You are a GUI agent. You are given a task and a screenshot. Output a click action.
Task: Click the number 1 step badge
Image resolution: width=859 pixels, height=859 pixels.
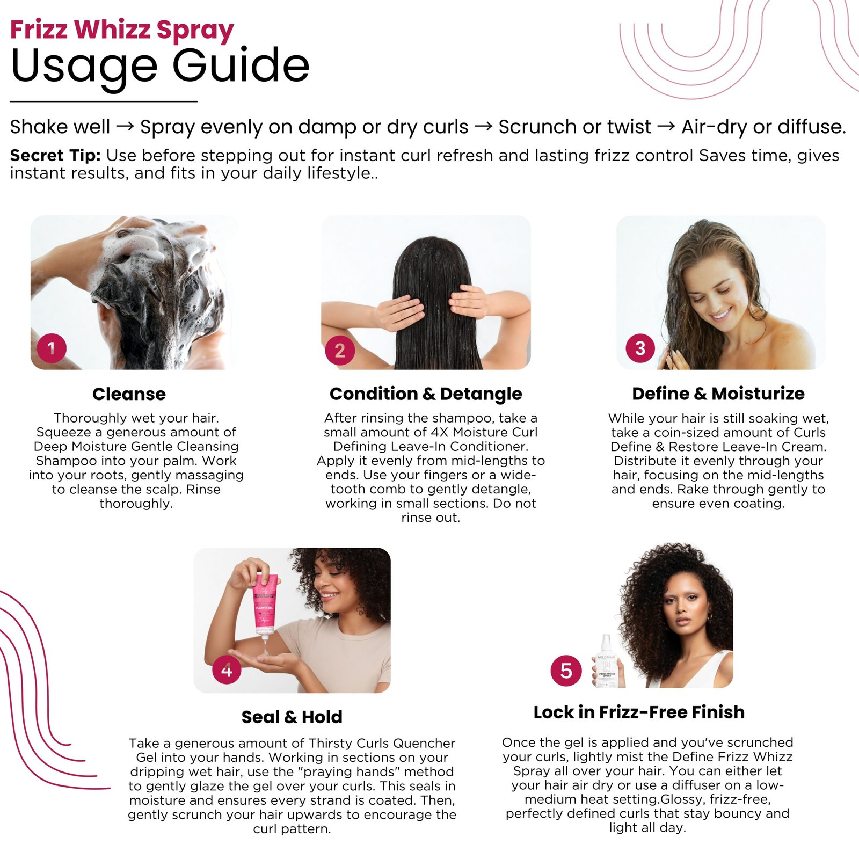(52, 348)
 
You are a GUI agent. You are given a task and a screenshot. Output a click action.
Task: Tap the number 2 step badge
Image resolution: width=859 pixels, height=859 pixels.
(340, 351)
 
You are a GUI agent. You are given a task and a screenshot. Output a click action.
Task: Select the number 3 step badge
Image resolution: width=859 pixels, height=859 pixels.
(640, 348)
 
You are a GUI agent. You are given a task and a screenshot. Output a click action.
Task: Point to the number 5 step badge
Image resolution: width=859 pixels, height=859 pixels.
(566, 671)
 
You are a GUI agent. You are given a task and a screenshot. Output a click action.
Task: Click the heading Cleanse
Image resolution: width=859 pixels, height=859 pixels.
(129, 394)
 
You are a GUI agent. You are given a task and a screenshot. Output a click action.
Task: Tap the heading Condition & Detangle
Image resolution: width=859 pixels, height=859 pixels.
(426, 394)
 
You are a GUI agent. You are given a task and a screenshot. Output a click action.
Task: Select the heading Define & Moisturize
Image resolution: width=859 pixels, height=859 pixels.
(718, 394)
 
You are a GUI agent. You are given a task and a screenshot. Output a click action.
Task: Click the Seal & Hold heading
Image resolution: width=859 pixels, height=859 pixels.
(292, 717)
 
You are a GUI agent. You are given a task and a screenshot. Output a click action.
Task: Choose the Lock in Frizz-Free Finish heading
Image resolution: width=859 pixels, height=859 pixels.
(639, 712)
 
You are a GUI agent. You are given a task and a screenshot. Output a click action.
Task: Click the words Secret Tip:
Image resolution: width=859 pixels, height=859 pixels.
(55, 155)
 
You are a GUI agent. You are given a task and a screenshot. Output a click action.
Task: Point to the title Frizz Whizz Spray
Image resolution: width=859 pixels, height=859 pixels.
(122, 30)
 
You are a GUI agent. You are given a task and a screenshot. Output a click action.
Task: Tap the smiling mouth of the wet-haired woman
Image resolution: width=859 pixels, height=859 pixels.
(721, 314)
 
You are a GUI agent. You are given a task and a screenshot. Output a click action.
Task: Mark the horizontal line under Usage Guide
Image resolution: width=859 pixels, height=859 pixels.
(104, 101)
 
